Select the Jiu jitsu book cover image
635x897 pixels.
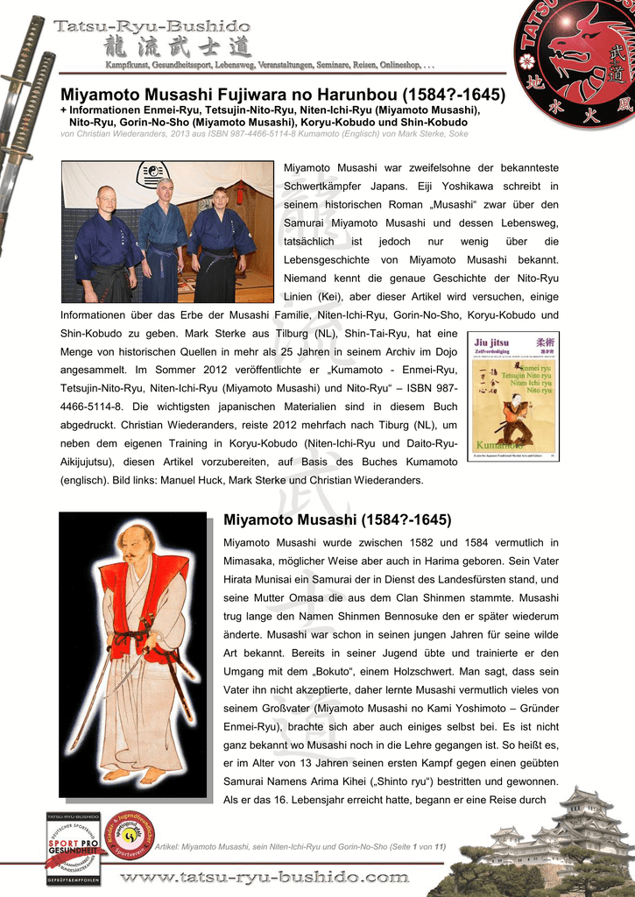point(512,396)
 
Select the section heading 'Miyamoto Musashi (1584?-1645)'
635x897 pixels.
point(337,519)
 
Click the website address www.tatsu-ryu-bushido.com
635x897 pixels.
point(265,877)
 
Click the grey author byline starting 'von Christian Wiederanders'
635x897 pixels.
point(264,134)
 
